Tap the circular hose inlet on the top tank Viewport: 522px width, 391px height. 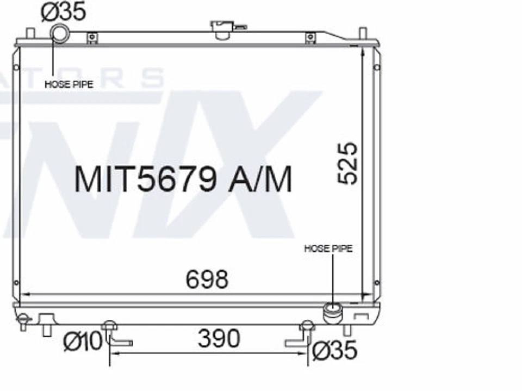tap(59, 33)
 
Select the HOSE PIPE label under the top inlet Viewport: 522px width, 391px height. tap(69, 84)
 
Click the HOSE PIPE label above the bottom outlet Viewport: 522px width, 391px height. tap(328, 249)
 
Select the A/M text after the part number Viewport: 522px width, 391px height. tap(260, 179)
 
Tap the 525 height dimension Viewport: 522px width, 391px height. tap(348, 163)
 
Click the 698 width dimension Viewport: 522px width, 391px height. tap(207, 280)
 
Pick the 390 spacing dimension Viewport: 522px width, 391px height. tap(219, 339)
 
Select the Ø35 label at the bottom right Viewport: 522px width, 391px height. tap(335, 350)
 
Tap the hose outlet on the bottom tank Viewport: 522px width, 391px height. tap(332, 313)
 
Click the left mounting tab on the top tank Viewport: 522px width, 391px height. tap(92, 38)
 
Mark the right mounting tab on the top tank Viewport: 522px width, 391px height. tap(310, 38)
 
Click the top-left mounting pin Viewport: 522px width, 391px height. tap(30, 33)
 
